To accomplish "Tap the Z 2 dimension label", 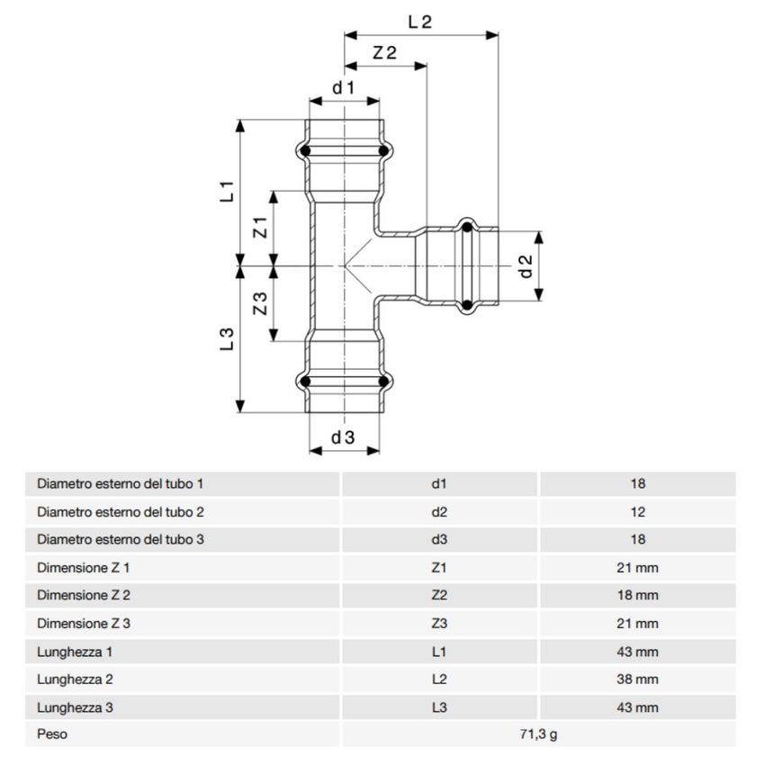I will point(384,53).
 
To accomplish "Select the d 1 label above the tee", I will point(343,87).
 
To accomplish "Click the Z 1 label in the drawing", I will point(259,228).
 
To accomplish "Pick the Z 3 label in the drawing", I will point(259,304).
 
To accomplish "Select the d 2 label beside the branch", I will point(526,266).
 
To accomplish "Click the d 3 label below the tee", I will point(343,438).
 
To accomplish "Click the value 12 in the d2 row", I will point(638,511).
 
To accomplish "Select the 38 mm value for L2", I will point(638,679).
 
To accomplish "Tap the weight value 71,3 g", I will point(538,734).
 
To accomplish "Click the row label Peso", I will point(52,734).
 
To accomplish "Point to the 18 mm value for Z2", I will point(638,595).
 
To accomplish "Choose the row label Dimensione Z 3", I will point(84,623).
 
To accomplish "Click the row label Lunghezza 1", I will point(75,652).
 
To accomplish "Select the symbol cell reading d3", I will point(439,539).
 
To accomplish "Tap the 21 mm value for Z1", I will point(638,568).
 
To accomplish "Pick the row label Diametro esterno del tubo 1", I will point(121,483).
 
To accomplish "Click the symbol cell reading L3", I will point(439,707).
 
